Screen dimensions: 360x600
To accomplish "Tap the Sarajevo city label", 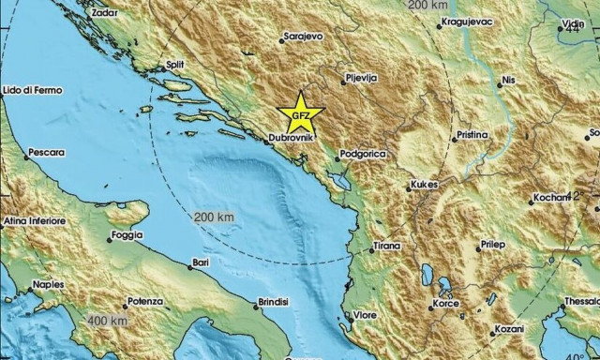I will pos(304,37).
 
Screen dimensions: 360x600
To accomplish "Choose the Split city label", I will pos(174,65).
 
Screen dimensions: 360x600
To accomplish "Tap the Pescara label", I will pos(46,151).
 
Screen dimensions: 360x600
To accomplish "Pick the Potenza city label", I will pos(143,305).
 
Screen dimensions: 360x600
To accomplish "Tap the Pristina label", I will pos(472,135).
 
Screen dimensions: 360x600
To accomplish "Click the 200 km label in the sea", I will pos(212,217).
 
